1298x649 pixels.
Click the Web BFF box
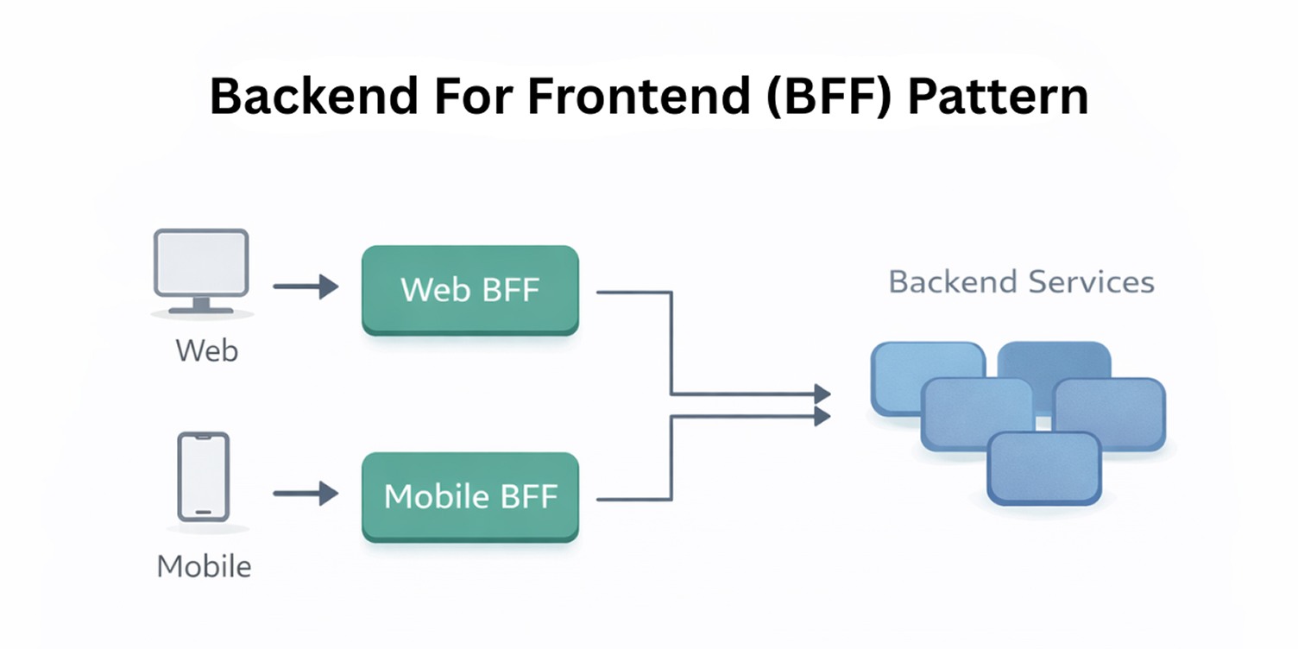pos(469,290)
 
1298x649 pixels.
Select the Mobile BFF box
pos(469,496)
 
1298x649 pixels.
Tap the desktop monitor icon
pos(201,263)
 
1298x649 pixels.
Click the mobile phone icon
pos(203,477)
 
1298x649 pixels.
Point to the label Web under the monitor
pos(206,351)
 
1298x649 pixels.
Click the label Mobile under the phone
pos(205,566)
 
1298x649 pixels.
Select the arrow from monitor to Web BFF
pos(306,287)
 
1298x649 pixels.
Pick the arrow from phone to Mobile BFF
pos(306,494)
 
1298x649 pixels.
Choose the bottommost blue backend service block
pos(1044,469)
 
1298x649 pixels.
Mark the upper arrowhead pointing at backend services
pos(822,394)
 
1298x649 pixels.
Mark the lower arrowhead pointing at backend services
pos(822,417)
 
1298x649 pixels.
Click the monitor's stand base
pos(201,308)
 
